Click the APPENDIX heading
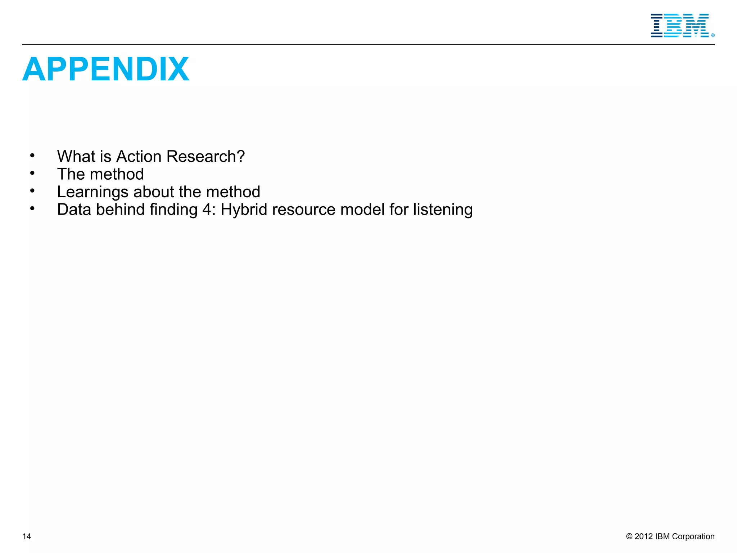[x=105, y=69]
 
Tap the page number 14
[x=27, y=536]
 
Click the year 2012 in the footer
[x=643, y=536]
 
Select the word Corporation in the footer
[x=693, y=536]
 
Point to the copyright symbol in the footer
[x=629, y=536]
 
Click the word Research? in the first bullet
[x=205, y=157]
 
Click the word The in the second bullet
[x=71, y=174]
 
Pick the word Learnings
[x=92, y=192]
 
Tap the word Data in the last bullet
[x=74, y=210]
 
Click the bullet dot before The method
[x=32, y=174]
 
